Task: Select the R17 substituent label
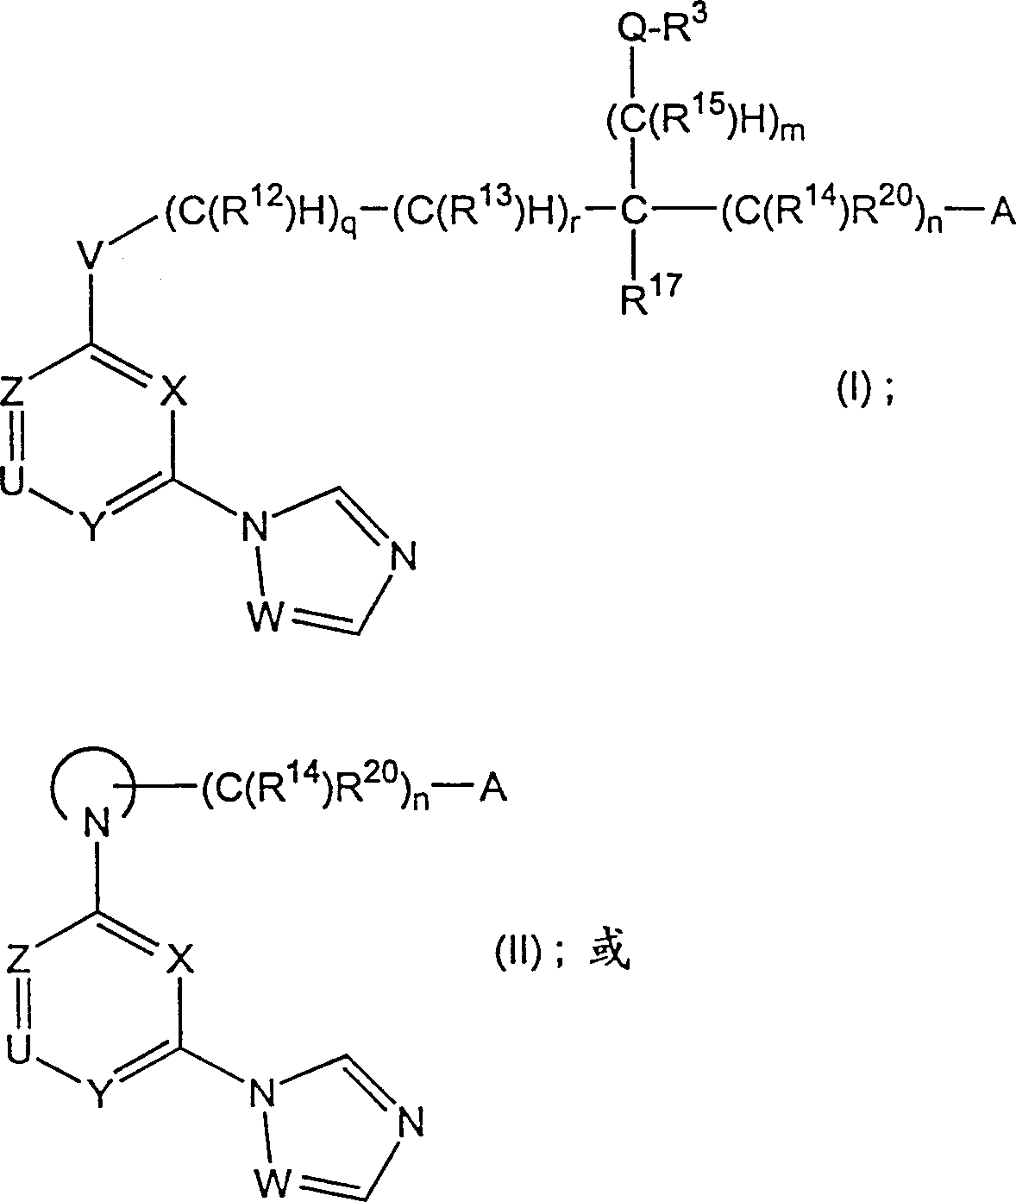point(650,295)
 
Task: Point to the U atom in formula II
point(18,1048)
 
